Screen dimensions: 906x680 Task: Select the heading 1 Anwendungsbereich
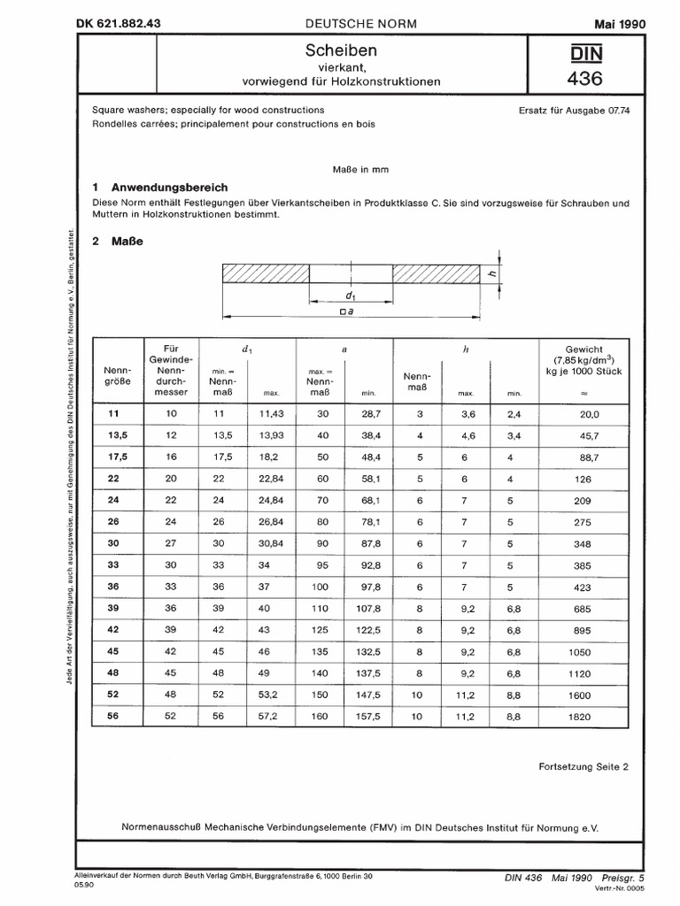pyautogui.click(x=160, y=188)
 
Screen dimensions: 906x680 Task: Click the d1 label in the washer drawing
pyautogui.click(x=351, y=294)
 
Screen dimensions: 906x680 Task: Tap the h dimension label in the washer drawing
pyautogui.click(x=492, y=274)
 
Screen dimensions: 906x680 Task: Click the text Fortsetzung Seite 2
pyautogui.click(x=583, y=767)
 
